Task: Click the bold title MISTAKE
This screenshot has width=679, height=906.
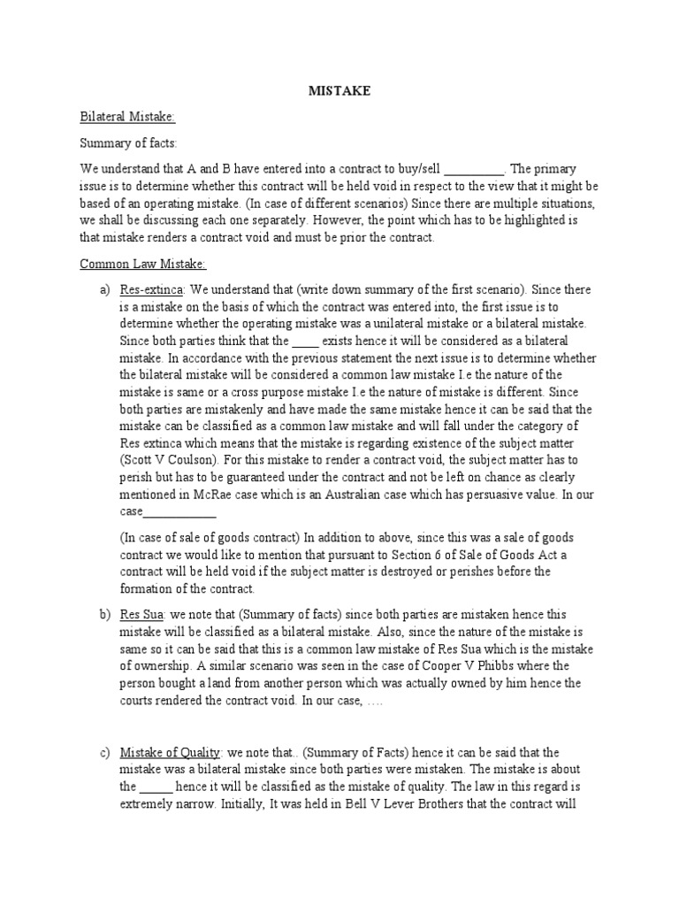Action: point(339,91)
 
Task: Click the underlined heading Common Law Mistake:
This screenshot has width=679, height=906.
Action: point(143,264)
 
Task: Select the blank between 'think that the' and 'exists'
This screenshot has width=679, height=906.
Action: point(305,341)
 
